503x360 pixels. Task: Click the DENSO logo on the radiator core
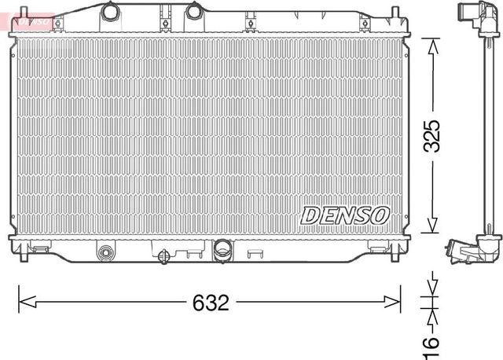pyautogui.click(x=344, y=213)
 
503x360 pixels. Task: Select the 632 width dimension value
pyautogui.click(x=210, y=302)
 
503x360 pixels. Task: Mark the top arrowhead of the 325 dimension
pyautogui.click(x=431, y=44)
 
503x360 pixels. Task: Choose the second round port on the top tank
pyautogui.click(x=194, y=12)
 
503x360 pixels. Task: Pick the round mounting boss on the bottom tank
pyautogui.click(x=105, y=252)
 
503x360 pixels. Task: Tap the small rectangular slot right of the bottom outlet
pyautogui.click(x=256, y=253)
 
